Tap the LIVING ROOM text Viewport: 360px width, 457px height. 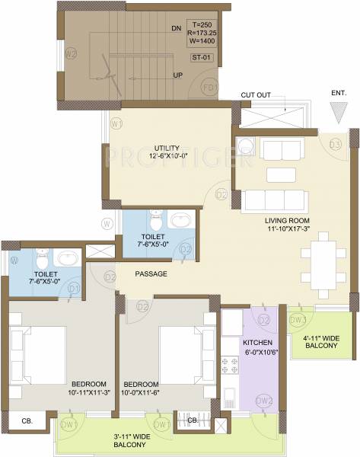click(x=285, y=220)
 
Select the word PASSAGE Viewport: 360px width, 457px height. click(x=151, y=273)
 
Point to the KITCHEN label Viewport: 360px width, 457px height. click(x=257, y=342)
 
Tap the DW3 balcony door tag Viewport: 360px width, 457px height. click(x=298, y=320)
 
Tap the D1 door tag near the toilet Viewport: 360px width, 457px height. click(x=75, y=289)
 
